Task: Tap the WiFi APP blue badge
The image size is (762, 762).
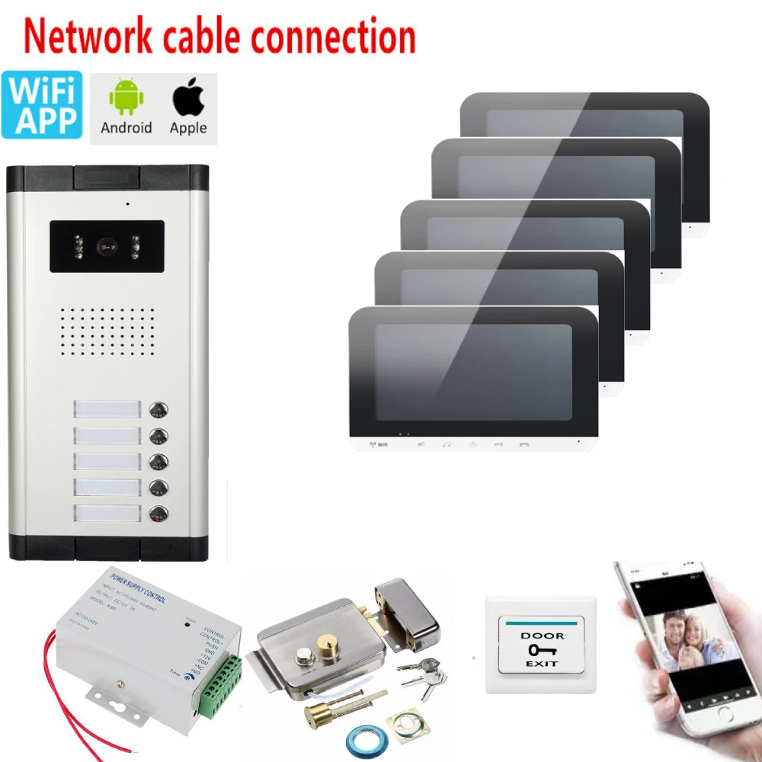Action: coord(41,105)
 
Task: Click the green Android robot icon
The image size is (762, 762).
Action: coord(126,97)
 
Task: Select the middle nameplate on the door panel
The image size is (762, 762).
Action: coord(107,462)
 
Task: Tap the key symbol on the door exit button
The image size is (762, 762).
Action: coord(542,649)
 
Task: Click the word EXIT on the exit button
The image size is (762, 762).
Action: coord(542,664)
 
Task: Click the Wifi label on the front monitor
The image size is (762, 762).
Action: coord(377,445)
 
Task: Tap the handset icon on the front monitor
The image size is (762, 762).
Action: coord(523,445)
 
